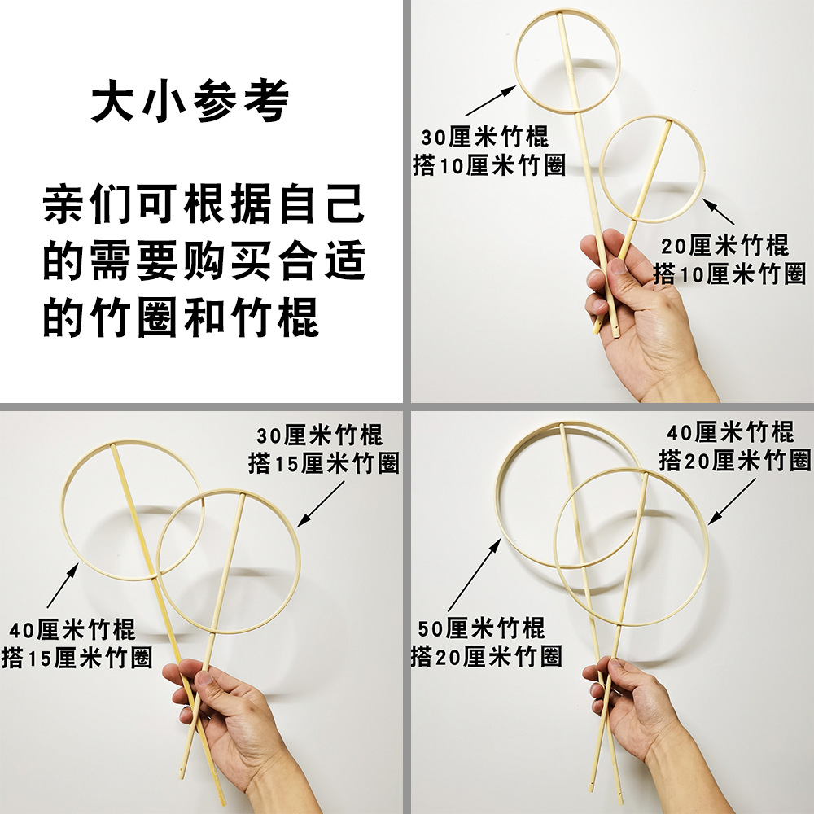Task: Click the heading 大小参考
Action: pos(189,103)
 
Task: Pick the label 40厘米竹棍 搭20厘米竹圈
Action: pos(735,445)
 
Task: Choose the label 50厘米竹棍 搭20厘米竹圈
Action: pos(486,642)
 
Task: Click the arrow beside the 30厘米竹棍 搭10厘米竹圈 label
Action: pos(492,102)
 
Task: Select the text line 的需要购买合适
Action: pos(204,260)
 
